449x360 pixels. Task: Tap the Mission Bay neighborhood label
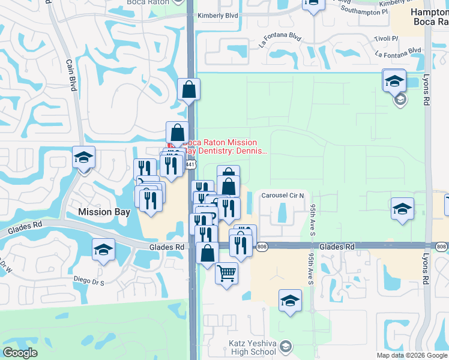[103, 212]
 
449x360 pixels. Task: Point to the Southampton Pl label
[364, 11]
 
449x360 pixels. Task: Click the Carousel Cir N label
[282, 196]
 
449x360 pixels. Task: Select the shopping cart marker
[226, 274]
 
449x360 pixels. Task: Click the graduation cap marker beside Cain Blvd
[84, 158]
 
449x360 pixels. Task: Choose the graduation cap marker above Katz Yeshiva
[290, 301]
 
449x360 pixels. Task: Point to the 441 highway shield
[190, 163]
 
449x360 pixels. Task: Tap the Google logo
[20, 353]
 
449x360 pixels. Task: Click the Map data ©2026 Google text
[411, 355]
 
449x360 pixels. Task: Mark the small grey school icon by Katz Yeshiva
[286, 346]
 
